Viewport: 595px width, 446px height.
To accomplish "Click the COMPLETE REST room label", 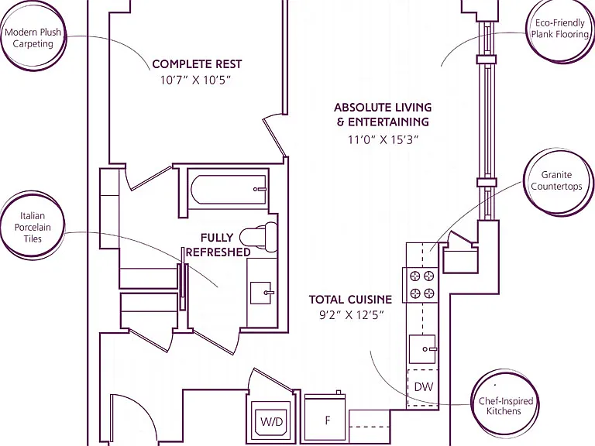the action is (197, 64).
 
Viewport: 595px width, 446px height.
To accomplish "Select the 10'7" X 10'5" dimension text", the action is (195, 81).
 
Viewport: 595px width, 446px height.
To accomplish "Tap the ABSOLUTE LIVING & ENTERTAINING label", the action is (383, 115).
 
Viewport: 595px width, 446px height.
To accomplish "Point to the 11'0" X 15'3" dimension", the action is (383, 140).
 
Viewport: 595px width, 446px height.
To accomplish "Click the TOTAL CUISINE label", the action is (350, 300).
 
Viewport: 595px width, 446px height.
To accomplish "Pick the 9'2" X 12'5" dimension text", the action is (352, 316).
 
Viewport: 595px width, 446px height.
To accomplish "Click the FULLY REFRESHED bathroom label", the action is (218, 245).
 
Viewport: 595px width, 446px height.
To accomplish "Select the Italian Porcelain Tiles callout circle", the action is (33, 227).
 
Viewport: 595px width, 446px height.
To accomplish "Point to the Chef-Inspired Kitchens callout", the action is (505, 406).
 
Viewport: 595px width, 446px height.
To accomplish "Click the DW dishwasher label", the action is (424, 387).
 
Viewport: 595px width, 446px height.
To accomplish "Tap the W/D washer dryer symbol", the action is (271, 421).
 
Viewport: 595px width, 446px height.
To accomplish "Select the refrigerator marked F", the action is (326, 419).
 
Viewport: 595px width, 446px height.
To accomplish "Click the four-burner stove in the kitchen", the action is (422, 285).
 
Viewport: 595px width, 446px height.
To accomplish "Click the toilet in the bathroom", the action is (259, 238).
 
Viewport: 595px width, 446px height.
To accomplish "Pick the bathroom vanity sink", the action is (260, 293).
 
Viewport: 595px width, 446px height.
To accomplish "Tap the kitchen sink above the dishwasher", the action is (422, 349).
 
